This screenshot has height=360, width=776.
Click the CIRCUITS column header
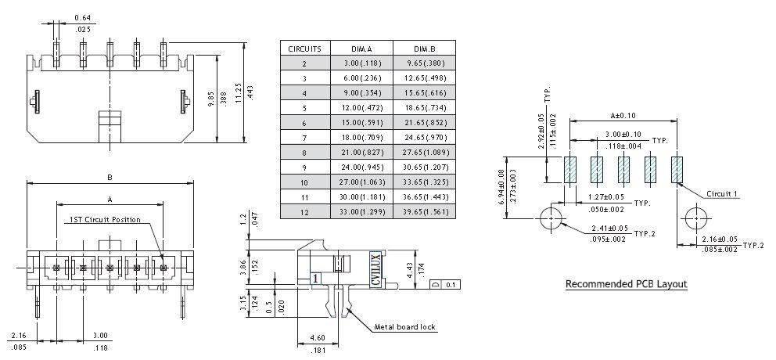point(304,48)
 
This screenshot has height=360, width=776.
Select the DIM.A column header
point(361,48)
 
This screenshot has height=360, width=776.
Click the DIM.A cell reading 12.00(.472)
point(361,107)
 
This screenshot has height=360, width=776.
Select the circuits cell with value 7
point(304,137)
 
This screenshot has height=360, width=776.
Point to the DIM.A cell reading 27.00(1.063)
point(361,182)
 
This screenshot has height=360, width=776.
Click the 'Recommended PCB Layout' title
point(626,284)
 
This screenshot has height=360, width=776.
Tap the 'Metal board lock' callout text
point(404,327)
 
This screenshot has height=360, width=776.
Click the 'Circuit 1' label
point(721,193)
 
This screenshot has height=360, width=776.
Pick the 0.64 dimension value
point(81,18)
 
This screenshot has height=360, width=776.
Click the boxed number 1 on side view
point(315,277)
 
